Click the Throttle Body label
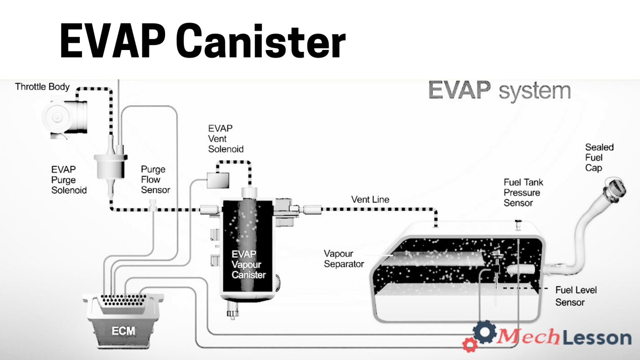tap(42, 87)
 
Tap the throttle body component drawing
tap(65, 117)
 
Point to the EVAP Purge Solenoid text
tap(69, 180)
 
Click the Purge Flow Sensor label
tap(155, 180)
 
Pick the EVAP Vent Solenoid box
tap(218, 180)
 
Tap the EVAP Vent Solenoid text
tap(225, 139)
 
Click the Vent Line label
tap(370, 200)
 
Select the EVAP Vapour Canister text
tap(248, 265)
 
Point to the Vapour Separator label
tap(344, 259)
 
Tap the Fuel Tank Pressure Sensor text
tap(523, 192)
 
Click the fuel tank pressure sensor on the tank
tap(518, 224)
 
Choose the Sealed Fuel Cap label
tap(599, 157)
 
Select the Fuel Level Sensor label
tap(575, 296)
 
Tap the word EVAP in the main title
tap(112, 41)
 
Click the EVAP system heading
tap(499, 90)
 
